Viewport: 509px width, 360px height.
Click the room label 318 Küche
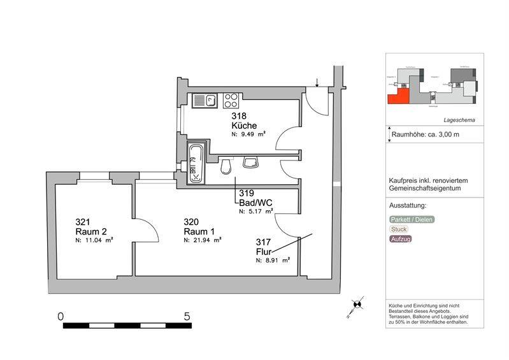coord(243,121)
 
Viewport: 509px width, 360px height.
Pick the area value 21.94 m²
coord(203,241)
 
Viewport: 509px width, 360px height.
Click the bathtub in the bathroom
coord(196,164)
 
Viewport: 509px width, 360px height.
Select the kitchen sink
coord(204,100)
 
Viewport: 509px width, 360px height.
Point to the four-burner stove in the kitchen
coord(231,100)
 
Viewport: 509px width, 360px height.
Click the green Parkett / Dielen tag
coord(412,220)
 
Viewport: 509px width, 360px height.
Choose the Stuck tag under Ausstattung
coord(399,229)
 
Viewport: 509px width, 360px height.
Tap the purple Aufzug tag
coord(401,239)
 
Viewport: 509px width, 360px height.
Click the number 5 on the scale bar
coord(187,316)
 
